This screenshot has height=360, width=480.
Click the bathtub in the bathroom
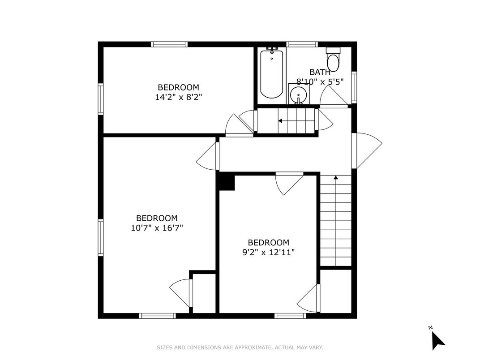[x=271, y=73]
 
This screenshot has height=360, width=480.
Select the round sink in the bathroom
[x=298, y=94]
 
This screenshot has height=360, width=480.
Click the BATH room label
[x=320, y=72]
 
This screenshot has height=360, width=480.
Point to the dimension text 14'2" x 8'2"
[x=178, y=97]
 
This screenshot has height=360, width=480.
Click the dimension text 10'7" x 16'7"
[x=157, y=227]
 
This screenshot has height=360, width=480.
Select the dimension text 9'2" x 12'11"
[x=268, y=252]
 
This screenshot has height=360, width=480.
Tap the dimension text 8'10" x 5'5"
[x=320, y=81]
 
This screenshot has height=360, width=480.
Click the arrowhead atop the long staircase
[x=335, y=178]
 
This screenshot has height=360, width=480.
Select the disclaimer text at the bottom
[x=240, y=347]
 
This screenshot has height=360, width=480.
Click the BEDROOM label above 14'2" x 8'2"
[x=178, y=87]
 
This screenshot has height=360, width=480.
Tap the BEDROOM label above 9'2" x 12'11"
[x=268, y=243]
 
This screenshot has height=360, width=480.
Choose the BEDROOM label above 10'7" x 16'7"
[x=157, y=218]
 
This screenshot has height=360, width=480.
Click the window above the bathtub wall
[x=302, y=44]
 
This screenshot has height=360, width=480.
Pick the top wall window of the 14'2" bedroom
[x=169, y=44]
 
